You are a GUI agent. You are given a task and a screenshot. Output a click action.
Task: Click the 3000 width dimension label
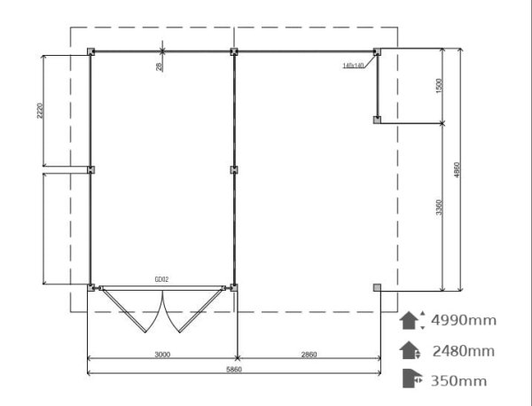[162, 355]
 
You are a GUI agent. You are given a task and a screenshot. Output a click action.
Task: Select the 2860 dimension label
[309, 355]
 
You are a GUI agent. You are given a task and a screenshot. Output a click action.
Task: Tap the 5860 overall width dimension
[234, 370]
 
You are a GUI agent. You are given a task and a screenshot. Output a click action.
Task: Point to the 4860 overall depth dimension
[457, 169]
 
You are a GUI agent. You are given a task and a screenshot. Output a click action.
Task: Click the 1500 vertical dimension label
[439, 85]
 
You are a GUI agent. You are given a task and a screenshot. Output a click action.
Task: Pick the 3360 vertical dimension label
[439, 207]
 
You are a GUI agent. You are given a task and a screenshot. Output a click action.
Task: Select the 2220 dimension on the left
[40, 111]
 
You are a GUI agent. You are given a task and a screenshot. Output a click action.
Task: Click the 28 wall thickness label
[159, 66]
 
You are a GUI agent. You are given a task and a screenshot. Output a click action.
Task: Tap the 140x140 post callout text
[353, 66]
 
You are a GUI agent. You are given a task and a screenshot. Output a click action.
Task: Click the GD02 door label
[161, 279]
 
